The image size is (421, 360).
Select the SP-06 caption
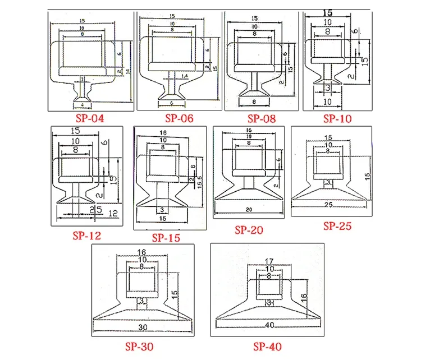(x=179, y=118)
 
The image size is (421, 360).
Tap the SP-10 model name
(x=338, y=119)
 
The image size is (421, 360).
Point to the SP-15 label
(x=166, y=238)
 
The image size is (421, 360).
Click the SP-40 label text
(x=268, y=345)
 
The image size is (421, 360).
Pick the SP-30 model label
(x=138, y=347)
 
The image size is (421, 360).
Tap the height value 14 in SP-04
(x=127, y=71)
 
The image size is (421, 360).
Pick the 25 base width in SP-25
(x=330, y=205)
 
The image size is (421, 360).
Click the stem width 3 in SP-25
(x=329, y=182)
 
